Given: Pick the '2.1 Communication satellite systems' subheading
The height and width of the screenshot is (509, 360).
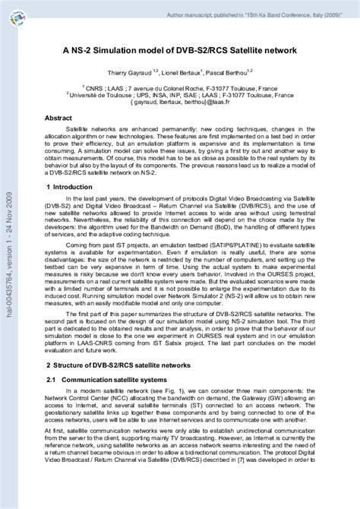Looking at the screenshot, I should tap(106, 378).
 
